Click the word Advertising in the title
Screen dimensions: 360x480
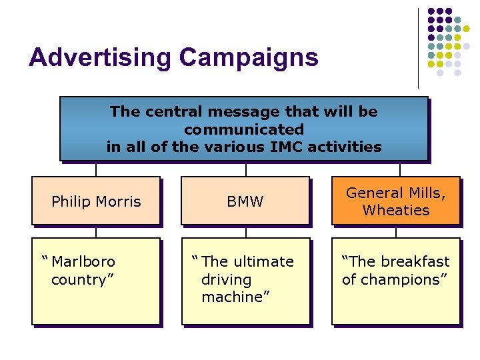[x=100, y=57]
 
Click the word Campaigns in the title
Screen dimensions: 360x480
[x=248, y=57]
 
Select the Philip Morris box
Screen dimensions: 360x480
[x=96, y=201]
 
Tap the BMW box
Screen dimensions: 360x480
[x=245, y=201]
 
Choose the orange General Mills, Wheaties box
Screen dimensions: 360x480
[x=396, y=201]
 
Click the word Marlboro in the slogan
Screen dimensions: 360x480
[x=83, y=261]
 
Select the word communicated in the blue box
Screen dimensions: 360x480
[x=244, y=129]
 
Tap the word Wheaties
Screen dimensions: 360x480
[x=396, y=210]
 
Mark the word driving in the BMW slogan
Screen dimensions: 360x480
[x=226, y=279]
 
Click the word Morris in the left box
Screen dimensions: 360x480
[x=119, y=201]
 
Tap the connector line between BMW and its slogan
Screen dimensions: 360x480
[x=245, y=231]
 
